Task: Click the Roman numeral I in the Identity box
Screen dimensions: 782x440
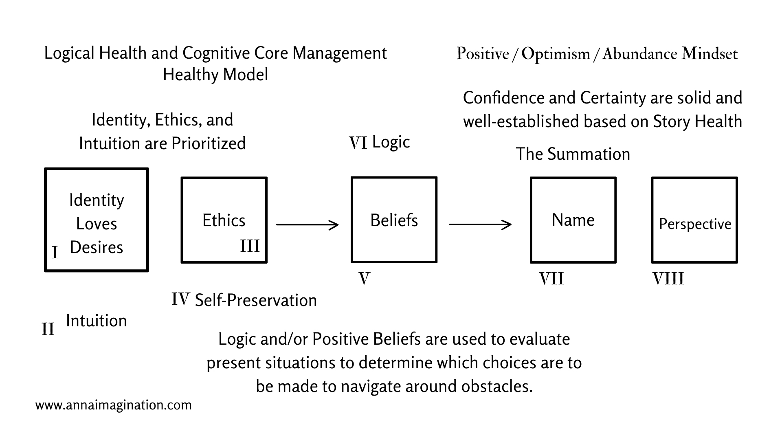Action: [x=55, y=253]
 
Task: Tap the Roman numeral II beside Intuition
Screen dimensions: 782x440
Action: [x=48, y=329]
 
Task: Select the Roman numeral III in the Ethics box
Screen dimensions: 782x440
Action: [x=250, y=246]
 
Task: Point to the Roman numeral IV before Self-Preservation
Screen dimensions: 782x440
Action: [x=180, y=299]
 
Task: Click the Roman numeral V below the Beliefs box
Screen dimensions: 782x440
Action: [x=364, y=279]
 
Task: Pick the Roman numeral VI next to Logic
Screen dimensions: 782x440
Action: [x=358, y=143]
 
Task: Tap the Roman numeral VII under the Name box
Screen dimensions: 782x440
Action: [x=551, y=279]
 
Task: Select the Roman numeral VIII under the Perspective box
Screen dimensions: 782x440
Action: [x=668, y=279]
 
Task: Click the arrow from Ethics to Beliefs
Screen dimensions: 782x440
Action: [x=308, y=224]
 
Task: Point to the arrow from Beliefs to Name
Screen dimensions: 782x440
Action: [x=481, y=224]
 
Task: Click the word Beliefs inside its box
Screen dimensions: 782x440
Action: [x=394, y=220]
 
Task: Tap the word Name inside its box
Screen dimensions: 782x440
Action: [x=573, y=220]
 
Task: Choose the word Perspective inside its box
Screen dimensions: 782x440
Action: [x=695, y=224]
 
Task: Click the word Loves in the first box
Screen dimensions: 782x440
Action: [x=97, y=224]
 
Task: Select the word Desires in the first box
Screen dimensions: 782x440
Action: [x=97, y=247]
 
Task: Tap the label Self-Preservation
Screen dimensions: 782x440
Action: [x=256, y=300]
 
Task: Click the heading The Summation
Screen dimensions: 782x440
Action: [x=573, y=154]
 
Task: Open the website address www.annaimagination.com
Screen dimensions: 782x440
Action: [x=114, y=405]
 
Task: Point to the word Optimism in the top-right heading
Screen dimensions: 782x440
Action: [x=556, y=54]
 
